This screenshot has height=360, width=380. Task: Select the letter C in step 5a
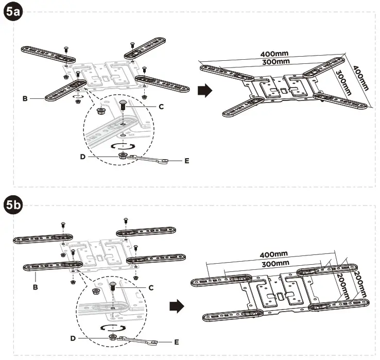[161, 107]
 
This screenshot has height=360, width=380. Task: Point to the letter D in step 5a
[82, 156]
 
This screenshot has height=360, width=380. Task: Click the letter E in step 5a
[186, 161]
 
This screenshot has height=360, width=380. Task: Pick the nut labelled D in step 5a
[123, 155]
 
